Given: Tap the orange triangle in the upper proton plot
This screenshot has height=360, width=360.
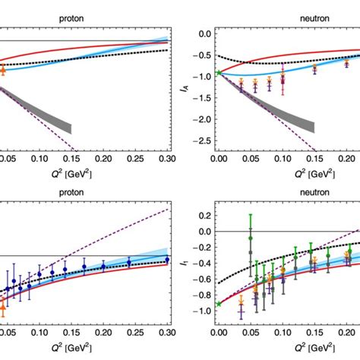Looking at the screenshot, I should point(2,70).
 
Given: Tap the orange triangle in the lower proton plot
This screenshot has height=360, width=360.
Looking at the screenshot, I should point(2,308).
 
